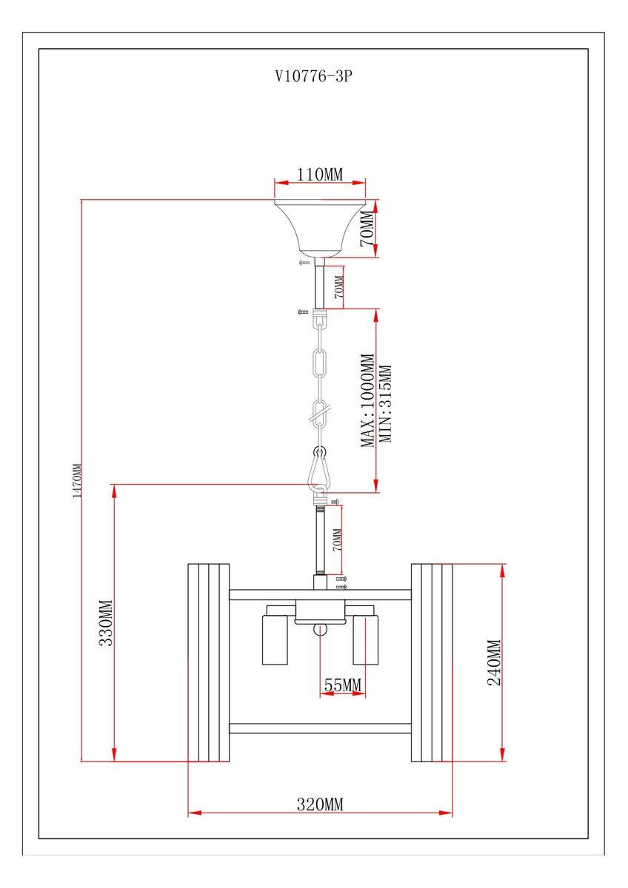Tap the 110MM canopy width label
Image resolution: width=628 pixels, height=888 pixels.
[320, 175]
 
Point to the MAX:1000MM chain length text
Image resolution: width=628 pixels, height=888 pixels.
[367, 400]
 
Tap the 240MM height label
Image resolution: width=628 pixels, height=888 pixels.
[494, 662]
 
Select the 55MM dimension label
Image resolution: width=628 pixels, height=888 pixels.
[342, 685]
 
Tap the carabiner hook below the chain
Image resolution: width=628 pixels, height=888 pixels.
[320, 470]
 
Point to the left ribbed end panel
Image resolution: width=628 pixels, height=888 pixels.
[208, 662]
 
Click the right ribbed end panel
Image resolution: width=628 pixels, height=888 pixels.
[432, 662]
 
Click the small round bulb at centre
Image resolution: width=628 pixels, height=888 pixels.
[319, 630]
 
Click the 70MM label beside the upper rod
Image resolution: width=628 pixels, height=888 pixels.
[339, 287]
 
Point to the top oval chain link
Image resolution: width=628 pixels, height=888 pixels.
[320, 363]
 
